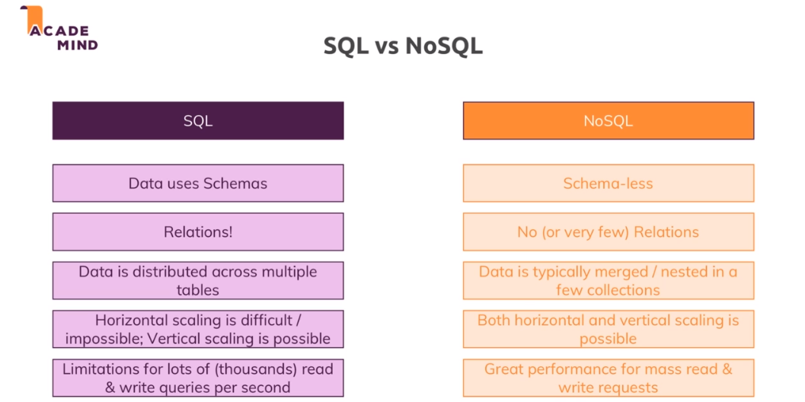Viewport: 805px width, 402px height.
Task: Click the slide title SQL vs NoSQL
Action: [403, 46]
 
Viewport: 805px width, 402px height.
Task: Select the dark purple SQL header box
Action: [198, 120]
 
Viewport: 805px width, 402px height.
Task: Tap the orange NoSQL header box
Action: [608, 120]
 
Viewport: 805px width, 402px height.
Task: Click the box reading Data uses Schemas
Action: [198, 183]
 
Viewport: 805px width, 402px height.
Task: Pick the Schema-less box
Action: [608, 183]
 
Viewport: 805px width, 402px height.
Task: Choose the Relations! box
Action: [198, 232]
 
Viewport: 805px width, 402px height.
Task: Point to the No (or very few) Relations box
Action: [608, 232]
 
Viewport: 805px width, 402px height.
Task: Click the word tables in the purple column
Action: [198, 290]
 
